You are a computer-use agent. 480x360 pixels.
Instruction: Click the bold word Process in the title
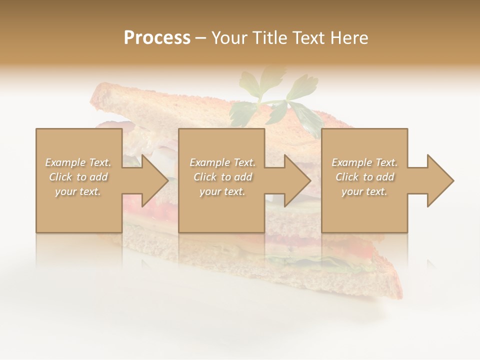[157, 38]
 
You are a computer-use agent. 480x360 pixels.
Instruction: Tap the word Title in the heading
[269, 38]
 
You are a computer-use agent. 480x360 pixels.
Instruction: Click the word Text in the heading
[310, 38]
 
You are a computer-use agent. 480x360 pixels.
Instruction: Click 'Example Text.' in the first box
[78, 162]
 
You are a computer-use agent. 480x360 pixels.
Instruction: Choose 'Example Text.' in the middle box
[222, 162]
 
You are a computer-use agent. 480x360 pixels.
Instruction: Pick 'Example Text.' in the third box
[364, 162]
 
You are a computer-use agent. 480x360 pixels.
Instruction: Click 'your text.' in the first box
[78, 191]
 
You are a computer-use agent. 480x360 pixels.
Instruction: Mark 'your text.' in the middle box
[222, 191]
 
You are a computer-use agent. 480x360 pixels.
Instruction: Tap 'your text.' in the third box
[364, 191]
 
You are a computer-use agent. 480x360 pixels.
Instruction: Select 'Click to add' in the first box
[78, 177]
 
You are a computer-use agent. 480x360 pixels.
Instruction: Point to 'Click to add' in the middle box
[222, 177]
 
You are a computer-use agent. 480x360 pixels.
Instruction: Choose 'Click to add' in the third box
[364, 177]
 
